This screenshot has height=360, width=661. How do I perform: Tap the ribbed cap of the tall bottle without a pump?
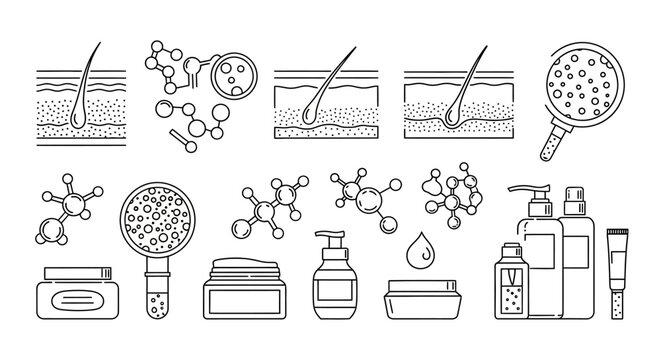pos(576,202)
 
